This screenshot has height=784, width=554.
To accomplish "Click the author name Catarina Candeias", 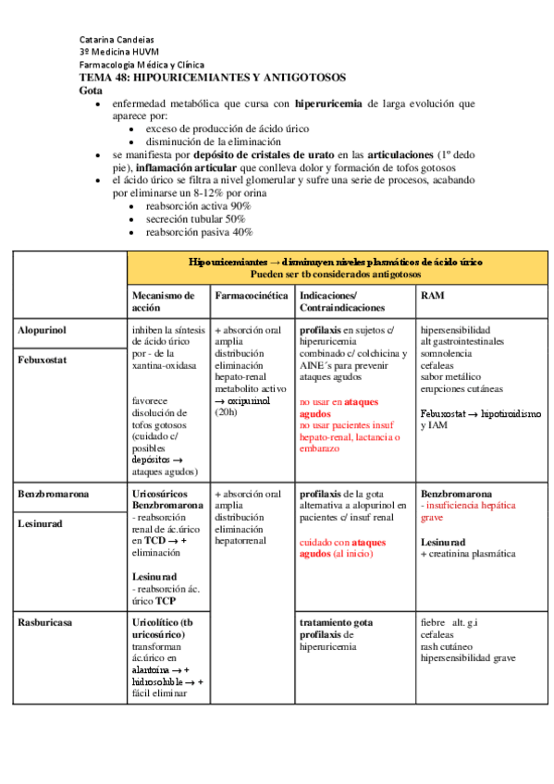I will pyautogui.click(x=117, y=40).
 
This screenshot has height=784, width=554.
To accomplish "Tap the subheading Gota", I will pyautogui.click(x=91, y=92).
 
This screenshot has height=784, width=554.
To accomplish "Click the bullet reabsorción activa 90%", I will pyautogui.click(x=198, y=205).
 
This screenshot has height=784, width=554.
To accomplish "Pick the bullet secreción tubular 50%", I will pyautogui.click(x=195, y=219).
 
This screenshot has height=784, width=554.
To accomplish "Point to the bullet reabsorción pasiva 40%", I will pyautogui.click(x=199, y=232).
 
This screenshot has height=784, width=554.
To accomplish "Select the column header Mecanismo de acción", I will pyautogui.click(x=164, y=301).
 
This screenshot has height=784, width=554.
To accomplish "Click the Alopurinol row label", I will pyautogui.click(x=42, y=329).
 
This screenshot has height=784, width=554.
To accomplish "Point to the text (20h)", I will pyautogui.click(x=227, y=414).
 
